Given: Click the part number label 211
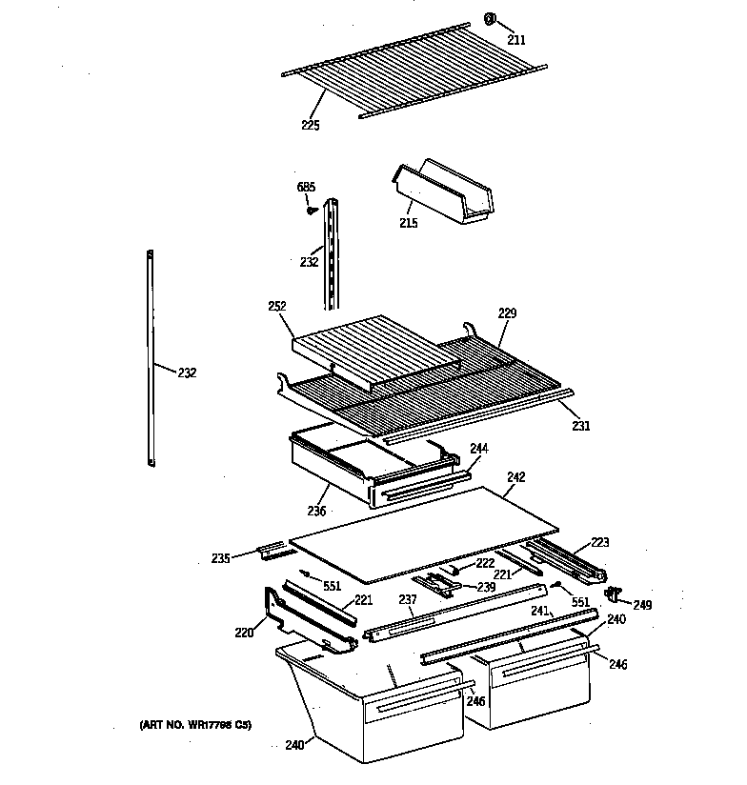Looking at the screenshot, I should coord(515,41).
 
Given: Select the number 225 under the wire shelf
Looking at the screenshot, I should coord(310,125).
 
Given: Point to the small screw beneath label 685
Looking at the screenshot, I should coord(311,211).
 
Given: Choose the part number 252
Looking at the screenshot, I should coord(277,307).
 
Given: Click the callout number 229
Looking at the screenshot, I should coord(508,313).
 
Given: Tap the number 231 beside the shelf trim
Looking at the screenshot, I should coord(580,426).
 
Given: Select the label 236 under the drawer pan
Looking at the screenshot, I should coord(316,512).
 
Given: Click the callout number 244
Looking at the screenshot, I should coord(479,448).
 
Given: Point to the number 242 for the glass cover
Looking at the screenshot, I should coord(516,476).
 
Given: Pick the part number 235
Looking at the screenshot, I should coord(221,558).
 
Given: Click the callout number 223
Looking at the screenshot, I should coord(599,542).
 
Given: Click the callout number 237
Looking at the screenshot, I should coord(408,600).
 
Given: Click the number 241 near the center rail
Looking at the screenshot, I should coord(539,611).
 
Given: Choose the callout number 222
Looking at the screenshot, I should coord(485,563).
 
